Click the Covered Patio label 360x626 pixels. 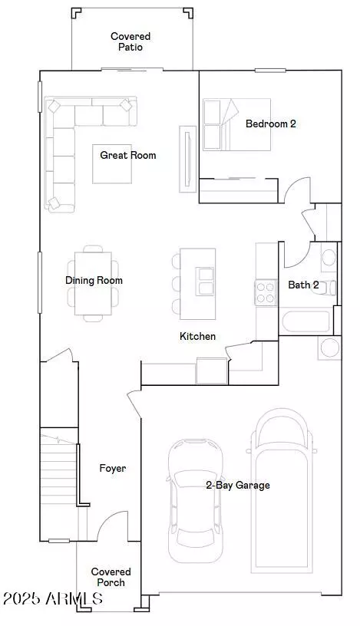pos(130,41)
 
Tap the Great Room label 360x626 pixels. pos(128,155)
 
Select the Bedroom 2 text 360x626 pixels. pos(271,124)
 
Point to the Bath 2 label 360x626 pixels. pos(304,285)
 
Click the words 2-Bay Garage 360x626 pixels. pos(238,485)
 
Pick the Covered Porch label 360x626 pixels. pos(111,578)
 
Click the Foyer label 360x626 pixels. pos(113,468)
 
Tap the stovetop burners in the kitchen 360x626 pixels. pos(266,292)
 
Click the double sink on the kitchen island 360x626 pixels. pos(206,282)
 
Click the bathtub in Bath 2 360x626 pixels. pos(306,321)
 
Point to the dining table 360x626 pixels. pos(93,283)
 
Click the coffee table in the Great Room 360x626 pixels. pos(112,164)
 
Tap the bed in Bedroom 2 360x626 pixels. pos(237,124)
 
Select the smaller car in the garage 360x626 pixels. pos(196,501)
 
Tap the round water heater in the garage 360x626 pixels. pos(329,348)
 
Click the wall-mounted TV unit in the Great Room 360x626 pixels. pos(187,159)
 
